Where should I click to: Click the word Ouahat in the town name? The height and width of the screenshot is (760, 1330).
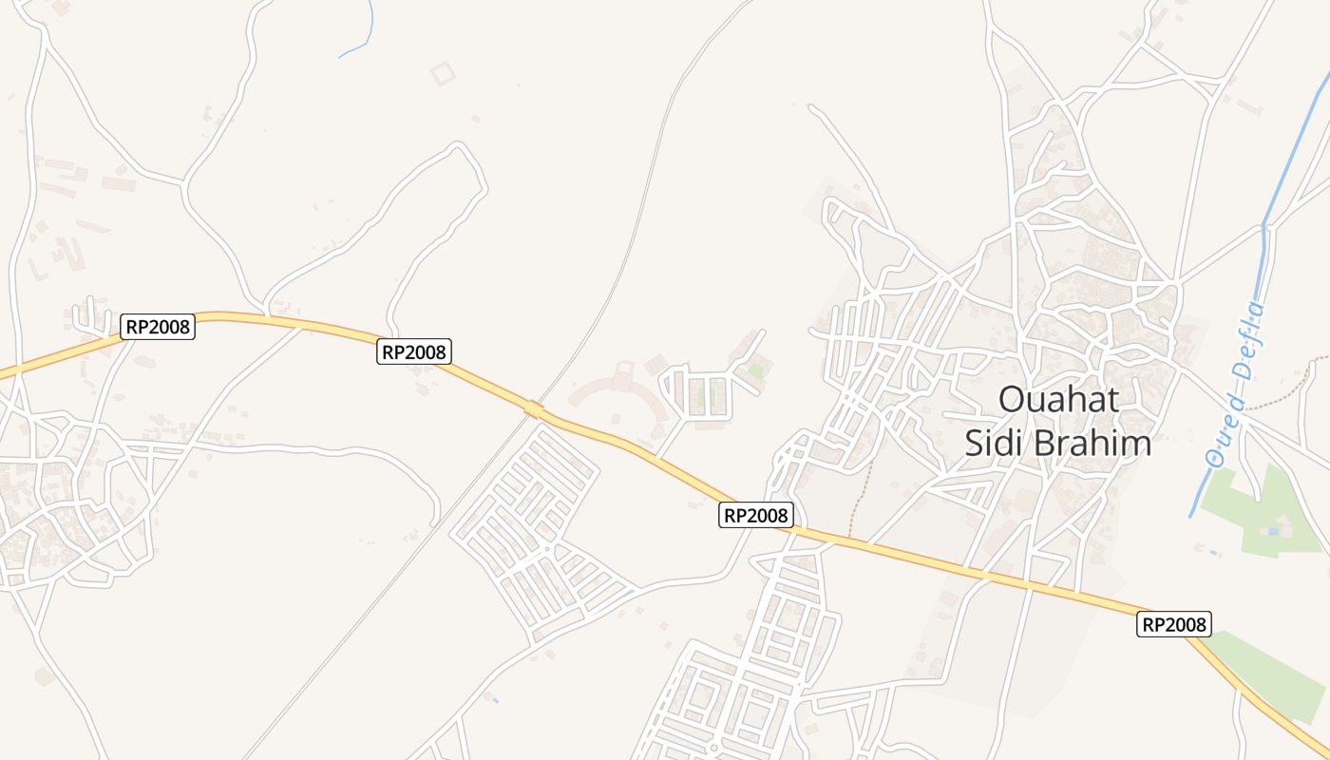tap(1058, 400)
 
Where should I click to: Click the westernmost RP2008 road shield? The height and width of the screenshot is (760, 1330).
tap(158, 328)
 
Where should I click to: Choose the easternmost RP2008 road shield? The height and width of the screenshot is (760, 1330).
tap(1173, 624)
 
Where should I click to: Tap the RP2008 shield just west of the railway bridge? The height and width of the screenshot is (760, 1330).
tap(414, 351)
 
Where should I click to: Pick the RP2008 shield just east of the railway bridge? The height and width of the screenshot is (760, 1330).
tap(755, 515)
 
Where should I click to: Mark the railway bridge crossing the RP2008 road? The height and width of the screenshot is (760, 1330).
tap(534, 409)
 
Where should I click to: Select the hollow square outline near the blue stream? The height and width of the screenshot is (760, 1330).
tap(443, 72)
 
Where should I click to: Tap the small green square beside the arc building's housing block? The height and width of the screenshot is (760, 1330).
tap(756, 370)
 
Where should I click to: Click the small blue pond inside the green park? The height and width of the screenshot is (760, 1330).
tap(1274, 531)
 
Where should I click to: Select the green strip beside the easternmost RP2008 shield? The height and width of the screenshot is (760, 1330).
tap(1273, 670)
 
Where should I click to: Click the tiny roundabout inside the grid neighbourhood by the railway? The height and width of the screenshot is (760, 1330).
tap(548, 548)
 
